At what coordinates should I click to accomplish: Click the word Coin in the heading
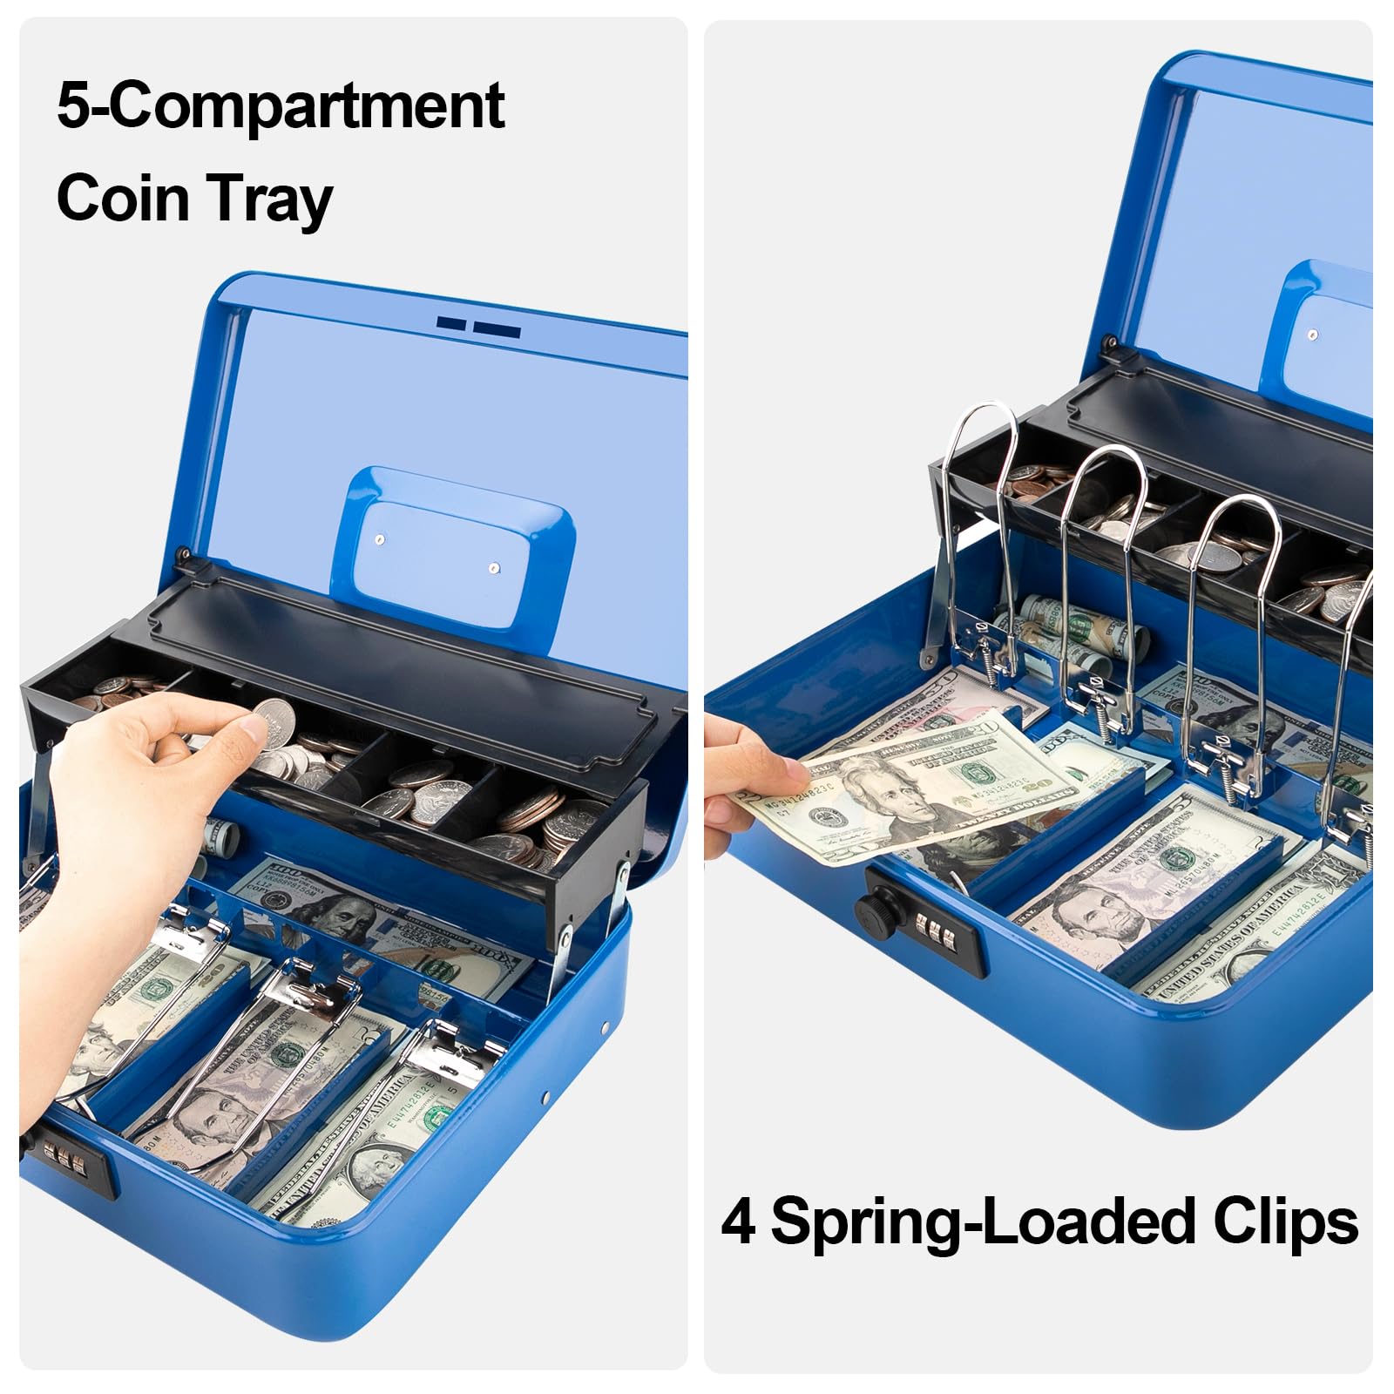(x=124, y=198)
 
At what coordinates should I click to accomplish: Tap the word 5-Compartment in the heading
(x=281, y=107)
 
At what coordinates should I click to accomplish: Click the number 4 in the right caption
(x=738, y=1221)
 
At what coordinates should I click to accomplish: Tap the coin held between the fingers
(x=274, y=723)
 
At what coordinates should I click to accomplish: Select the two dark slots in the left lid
(x=478, y=327)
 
